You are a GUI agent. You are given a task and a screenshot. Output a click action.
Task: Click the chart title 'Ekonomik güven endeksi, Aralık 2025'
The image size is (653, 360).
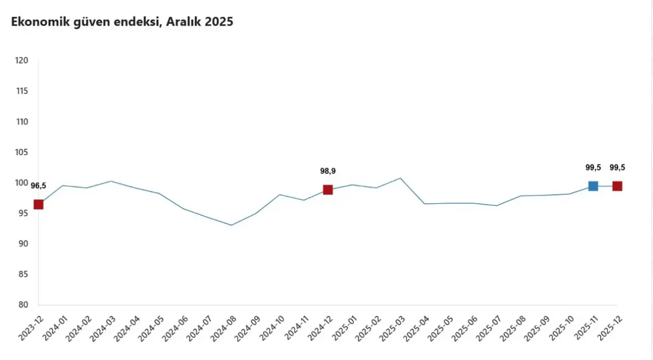[x=122, y=22]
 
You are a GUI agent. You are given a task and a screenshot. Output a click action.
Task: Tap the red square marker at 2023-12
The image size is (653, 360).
[x=38, y=204]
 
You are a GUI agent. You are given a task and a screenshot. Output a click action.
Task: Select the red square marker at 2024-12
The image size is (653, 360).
[x=328, y=190]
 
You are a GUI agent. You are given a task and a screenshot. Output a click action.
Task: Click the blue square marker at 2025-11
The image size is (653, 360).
[x=593, y=186]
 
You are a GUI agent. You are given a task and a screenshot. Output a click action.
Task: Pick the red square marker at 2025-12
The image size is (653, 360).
[x=617, y=186]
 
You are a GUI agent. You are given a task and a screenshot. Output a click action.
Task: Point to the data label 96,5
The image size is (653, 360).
[x=38, y=186]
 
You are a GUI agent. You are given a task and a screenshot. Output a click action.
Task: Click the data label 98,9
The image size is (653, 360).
[x=328, y=171]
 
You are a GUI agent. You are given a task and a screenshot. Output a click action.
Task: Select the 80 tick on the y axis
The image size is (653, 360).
[x=23, y=305]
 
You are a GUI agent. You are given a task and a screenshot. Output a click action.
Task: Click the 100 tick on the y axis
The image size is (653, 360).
[x=21, y=183]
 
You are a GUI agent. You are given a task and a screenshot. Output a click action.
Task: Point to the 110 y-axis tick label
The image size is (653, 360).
[x=21, y=122]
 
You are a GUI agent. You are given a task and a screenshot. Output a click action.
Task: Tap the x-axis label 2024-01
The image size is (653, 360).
[x=55, y=329]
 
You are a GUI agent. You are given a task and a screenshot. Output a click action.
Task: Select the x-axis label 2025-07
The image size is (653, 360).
[x=489, y=329]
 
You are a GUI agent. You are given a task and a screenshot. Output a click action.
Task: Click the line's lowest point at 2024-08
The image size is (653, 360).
[x=232, y=225]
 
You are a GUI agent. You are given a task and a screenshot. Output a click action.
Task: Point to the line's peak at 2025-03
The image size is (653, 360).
[x=400, y=178]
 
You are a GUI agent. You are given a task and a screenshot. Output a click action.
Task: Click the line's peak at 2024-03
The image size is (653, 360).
[x=110, y=181]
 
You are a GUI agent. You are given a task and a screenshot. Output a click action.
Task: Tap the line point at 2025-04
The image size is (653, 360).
[x=424, y=204]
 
